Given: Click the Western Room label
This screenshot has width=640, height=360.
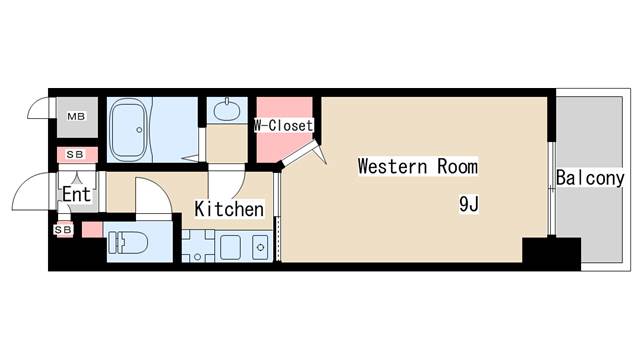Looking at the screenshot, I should [x=417, y=167].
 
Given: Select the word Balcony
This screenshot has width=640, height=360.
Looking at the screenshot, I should [x=590, y=179].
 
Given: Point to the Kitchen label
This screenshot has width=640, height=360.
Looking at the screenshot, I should [x=229, y=209].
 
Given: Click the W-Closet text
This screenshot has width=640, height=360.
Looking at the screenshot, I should [x=283, y=126].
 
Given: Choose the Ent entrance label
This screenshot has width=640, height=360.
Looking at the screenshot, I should [x=76, y=194].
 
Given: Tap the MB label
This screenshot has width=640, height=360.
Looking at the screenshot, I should [x=76, y=118].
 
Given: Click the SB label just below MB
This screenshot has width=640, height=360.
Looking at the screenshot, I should [x=76, y=155].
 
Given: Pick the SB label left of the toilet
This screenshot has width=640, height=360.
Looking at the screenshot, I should [x=62, y=230].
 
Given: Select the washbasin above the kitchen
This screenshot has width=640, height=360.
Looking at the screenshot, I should [x=227, y=109].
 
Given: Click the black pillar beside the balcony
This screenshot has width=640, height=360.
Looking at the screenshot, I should [x=550, y=254].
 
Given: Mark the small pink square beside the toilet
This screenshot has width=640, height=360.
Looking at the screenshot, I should [x=91, y=231].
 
